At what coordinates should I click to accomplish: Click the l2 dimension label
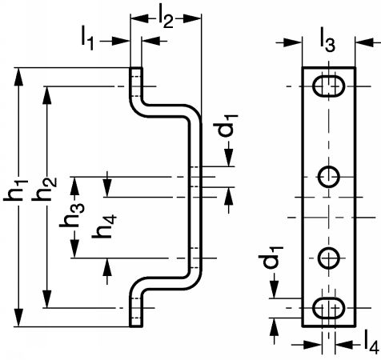(166, 18)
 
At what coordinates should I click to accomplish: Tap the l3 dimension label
(327, 42)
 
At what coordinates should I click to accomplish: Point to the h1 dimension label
(15, 190)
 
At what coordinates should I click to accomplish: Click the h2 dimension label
(44, 189)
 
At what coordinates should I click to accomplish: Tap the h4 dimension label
(104, 226)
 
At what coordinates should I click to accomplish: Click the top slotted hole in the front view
(328, 86)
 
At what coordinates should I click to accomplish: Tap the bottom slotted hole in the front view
(328, 308)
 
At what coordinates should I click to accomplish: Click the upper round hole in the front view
(329, 177)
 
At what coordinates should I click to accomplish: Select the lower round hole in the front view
(329, 258)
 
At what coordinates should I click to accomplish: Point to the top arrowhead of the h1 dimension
(18, 77)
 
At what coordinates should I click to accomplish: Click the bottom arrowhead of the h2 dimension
(47, 299)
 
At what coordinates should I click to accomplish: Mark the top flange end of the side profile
(136, 68)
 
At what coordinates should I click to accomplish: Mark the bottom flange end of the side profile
(136, 326)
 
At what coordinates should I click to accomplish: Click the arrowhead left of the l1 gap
(121, 41)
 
